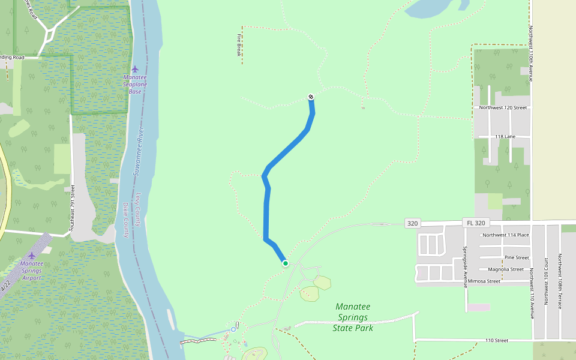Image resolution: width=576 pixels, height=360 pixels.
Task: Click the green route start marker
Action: tap(286, 263)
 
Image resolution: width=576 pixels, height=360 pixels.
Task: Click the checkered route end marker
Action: tap(311, 97)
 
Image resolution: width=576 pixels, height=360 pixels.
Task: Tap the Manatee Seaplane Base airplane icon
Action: tap(135, 68)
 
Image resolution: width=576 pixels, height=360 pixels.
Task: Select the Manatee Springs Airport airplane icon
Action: tap(32, 255)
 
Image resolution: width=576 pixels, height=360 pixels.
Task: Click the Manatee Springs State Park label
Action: tap(353, 317)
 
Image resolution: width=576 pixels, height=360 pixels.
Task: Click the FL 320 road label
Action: tap(475, 223)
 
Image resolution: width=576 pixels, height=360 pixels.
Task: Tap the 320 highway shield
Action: tap(412, 223)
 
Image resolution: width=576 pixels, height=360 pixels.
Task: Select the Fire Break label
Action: tap(239, 44)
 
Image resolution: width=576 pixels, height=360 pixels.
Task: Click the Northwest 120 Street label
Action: tap(503, 108)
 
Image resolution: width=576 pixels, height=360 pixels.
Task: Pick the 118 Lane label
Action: tap(505, 137)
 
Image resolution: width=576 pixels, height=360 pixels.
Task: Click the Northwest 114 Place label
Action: tap(506, 235)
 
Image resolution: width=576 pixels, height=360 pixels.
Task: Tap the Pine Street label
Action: tap(517, 257)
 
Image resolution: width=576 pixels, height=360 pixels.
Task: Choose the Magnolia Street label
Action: tap(506, 269)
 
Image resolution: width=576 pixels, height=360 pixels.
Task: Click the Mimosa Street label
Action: tap(484, 281)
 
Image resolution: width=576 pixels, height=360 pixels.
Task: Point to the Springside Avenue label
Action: tap(465, 267)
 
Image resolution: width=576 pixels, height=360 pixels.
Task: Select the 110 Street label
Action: tap(497, 340)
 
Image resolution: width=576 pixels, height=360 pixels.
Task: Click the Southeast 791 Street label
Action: tap(72, 208)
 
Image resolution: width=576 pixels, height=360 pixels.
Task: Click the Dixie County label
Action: tap(126, 219)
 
